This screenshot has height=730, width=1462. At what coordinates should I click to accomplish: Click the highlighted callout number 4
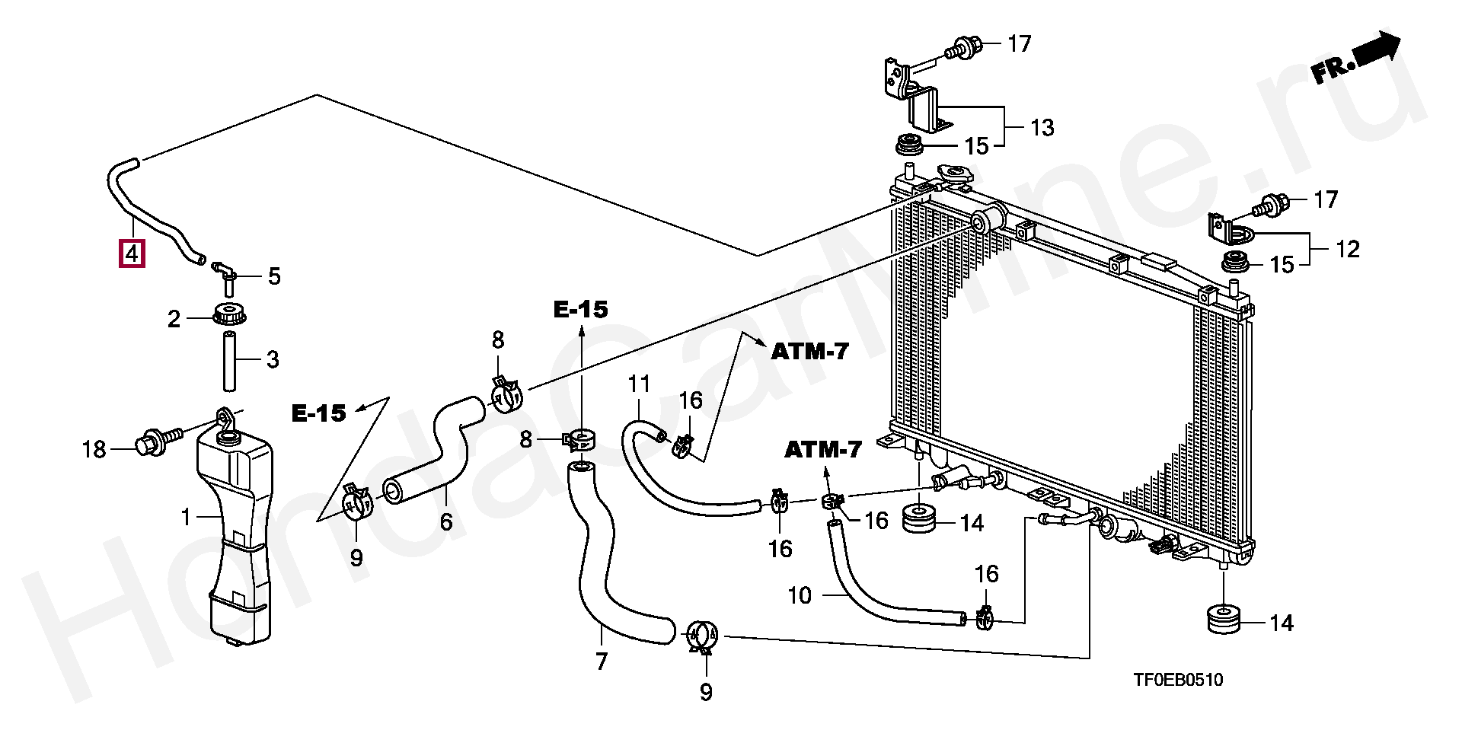[132, 253]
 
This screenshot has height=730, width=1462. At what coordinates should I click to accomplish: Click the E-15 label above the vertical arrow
[581, 310]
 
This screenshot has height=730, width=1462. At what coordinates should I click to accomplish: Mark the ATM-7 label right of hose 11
[809, 352]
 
